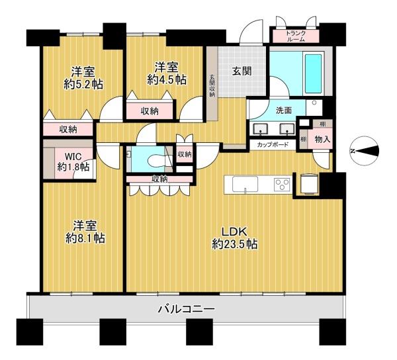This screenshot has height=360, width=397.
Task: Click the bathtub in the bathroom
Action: [314, 73]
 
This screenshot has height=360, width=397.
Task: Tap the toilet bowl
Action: [156, 160]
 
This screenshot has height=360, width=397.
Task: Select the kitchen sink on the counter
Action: [245, 185]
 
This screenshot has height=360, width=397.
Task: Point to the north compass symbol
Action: [365, 151]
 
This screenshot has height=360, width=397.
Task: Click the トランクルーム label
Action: [296, 36]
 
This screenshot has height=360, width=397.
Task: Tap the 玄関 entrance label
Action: [242, 71]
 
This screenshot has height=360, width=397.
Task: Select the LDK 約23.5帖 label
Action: [234, 238]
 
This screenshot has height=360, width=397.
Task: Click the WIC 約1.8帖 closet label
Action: [73, 161]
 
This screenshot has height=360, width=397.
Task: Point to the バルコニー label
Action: [187, 308]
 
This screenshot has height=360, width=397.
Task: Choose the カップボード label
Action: [273, 145]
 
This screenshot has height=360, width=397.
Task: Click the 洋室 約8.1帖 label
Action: [85, 232]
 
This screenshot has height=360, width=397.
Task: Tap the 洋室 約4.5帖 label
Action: [167, 73]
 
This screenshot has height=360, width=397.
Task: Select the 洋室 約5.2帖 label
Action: [83, 78]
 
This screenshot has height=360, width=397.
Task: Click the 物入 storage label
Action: [323, 139]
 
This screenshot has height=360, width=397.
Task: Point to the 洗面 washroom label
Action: [284, 111]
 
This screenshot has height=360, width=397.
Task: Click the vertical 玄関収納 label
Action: [212, 85]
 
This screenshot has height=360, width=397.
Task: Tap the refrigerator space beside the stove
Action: [308, 184]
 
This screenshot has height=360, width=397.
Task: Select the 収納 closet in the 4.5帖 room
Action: [150, 111]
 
